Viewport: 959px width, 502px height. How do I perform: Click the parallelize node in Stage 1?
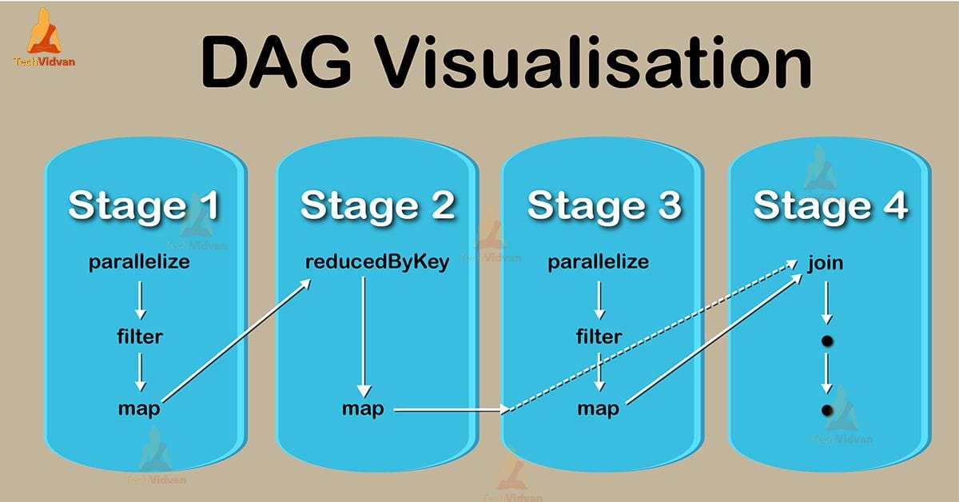[x=139, y=262]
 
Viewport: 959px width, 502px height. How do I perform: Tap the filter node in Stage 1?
[x=139, y=337]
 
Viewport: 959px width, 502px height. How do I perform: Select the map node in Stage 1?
[x=139, y=409]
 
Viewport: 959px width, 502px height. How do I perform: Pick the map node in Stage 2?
[x=363, y=409]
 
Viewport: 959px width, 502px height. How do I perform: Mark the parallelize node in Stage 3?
[x=598, y=262]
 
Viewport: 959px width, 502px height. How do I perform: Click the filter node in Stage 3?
[x=598, y=337]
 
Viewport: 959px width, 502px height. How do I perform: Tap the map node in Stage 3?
[x=598, y=409]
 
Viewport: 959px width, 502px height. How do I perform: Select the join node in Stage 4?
[x=826, y=262]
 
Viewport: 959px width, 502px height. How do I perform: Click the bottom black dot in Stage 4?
[x=827, y=410]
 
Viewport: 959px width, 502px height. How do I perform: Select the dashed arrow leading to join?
[x=651, y=336]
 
